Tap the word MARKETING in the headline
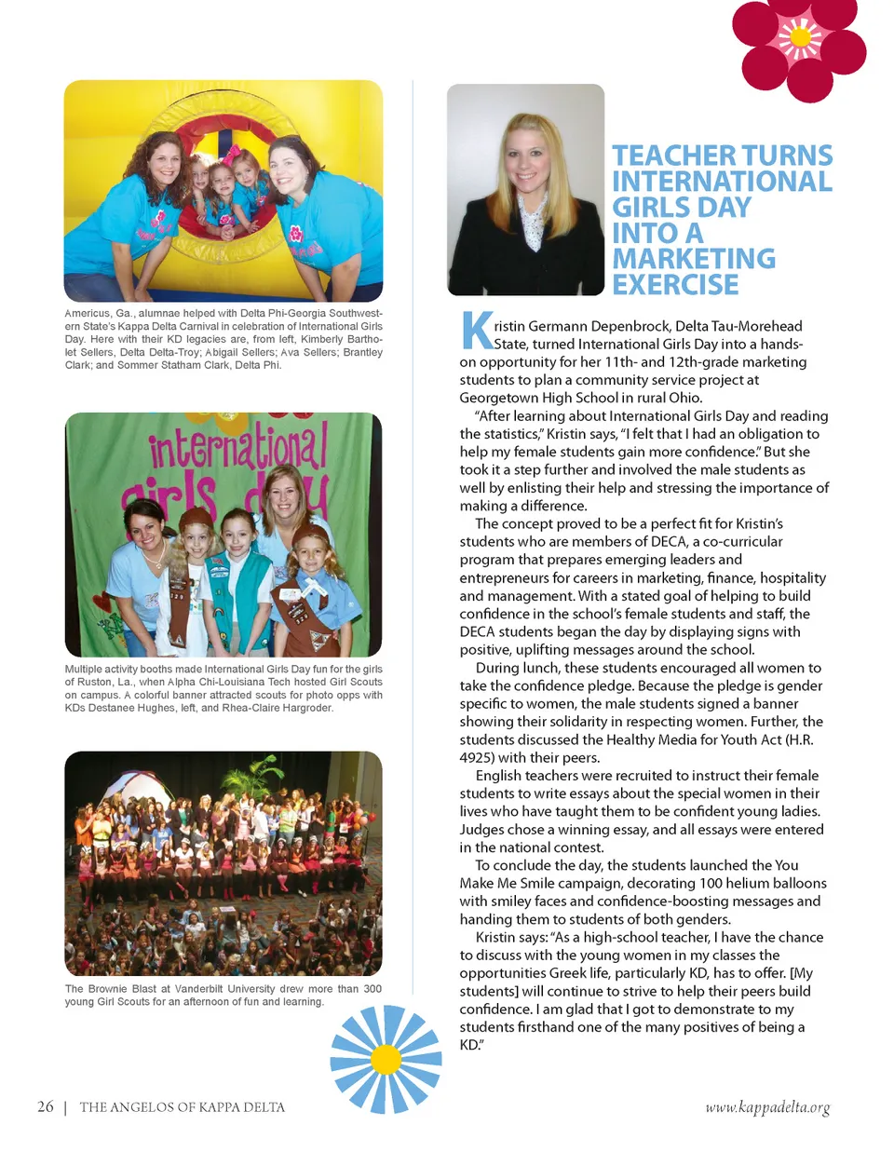pos(694,259)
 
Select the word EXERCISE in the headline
pos(675,285)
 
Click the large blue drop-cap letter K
pos(476,331)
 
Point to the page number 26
pos(45,1106)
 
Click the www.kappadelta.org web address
pos(767,1107)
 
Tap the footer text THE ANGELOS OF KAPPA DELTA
pos(183,1107)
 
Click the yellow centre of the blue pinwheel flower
pos(386,1059)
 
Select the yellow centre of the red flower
pos(799,38)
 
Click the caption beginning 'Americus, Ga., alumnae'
pos(223,339)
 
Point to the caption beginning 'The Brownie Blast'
pos(223,995)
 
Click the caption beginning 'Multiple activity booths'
pos(223,688)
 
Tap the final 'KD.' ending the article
pos(470,1045)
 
